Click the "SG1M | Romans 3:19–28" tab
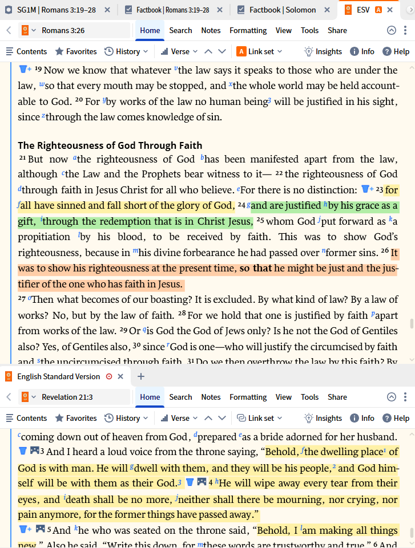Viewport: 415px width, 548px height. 59,10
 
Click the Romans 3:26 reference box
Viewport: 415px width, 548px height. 74,30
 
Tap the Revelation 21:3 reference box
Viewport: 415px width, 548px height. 74,397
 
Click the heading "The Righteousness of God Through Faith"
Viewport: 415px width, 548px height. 110,145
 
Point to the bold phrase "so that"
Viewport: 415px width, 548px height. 254,268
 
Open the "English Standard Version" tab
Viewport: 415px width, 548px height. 58,376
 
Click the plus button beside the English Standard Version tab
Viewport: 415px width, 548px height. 141,376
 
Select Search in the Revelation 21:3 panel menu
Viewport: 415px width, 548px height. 180,397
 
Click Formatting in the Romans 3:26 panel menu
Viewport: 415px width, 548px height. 248,30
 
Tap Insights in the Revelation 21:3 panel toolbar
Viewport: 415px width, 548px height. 323,418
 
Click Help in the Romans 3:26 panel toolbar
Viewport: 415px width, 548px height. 396,51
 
